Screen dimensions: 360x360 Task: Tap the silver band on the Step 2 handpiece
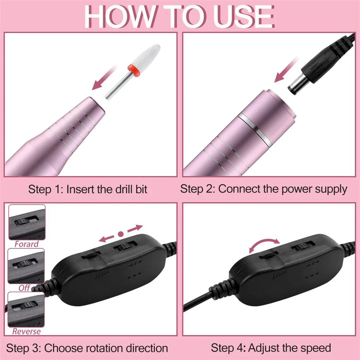tap(255, 127)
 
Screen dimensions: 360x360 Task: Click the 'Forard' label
tap(26, 244)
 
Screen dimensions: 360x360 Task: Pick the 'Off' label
tap(24, 288)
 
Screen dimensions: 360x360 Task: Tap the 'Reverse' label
tap(26, 331)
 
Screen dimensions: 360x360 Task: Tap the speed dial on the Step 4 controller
tap(268, 255)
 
